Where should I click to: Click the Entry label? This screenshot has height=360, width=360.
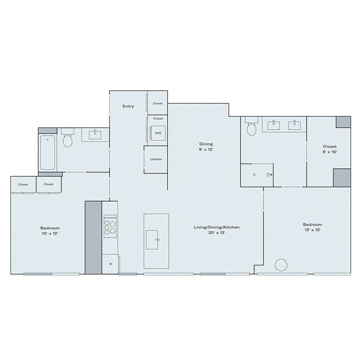128,106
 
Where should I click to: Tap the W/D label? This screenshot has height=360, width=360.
158,133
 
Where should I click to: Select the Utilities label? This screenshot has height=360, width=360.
156,160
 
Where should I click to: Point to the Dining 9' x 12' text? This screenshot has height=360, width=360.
206,147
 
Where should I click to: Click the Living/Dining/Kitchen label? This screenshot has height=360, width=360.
216,230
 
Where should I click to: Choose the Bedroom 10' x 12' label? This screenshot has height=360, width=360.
49,230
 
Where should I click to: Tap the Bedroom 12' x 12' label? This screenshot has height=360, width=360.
312,227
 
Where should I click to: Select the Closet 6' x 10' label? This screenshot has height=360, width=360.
330,149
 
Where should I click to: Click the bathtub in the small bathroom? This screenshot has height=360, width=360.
48,152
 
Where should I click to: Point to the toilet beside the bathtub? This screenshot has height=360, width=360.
68,140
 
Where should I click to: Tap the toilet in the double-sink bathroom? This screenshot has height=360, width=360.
251,128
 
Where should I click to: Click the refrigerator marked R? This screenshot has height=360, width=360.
110,264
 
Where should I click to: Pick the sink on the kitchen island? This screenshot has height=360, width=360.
157,240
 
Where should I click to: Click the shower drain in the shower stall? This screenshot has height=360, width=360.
254,174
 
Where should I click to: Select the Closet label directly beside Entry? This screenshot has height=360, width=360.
158,103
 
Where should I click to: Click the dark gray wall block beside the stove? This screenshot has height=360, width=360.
93,237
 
